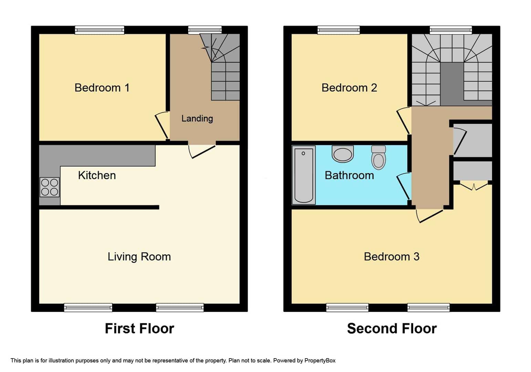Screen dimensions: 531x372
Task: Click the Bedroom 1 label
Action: (x=102, y=88)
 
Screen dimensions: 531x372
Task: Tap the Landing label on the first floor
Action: (x=197, y=118)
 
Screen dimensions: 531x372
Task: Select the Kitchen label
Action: (x=97, y=175)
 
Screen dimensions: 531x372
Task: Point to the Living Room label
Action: (x=139, y=257)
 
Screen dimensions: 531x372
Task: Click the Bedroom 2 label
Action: (x=349, y=88)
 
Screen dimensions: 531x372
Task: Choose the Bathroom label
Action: (x=349, y=175)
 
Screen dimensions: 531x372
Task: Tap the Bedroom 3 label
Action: (x=392, y=257)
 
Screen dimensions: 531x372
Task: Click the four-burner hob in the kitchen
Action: (x=50, y=187)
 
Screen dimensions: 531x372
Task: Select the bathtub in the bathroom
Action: (x=304, y=175)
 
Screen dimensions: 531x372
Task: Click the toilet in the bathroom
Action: (x=378, y=157)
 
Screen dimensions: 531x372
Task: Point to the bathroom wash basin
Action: (x=343, y=154)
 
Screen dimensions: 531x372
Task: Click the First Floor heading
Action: (x=139, y=329)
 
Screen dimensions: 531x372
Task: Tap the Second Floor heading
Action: (x=392, y=329)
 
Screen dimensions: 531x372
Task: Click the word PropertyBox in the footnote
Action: (x=320, y=361)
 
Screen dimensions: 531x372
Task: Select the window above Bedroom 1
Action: (x=100, y=30)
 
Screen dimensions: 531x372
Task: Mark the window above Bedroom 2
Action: (x=339, y=30)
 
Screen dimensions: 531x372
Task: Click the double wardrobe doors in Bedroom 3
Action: (x=474, y=186)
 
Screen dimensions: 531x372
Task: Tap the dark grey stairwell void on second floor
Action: (x=452, y=84)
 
